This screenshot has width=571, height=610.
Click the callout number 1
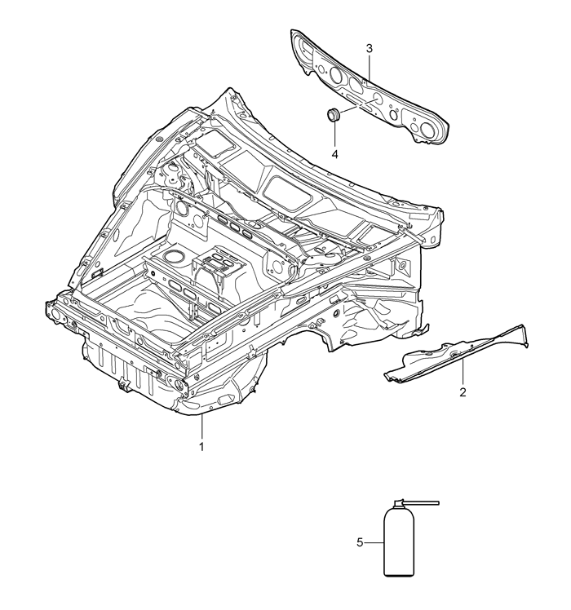click(201, 447)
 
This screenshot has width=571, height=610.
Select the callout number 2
click(463, 392)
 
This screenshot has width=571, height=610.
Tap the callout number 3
click(369, 49)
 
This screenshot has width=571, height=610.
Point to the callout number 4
click(334, 154)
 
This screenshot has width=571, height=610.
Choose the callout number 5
click(360, 542)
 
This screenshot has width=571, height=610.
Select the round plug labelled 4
click(333, 114)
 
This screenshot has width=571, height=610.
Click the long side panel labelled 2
click(455, 352)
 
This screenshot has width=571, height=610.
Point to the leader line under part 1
click(201, 427)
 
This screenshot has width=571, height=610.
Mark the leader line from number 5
click(374, 542)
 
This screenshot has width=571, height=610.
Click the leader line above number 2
click(463, 373)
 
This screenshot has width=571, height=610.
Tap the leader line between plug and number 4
click(334, 135)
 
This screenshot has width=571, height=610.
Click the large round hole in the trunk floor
click(174, 256)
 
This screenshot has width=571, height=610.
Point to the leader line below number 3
click(369, 68)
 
